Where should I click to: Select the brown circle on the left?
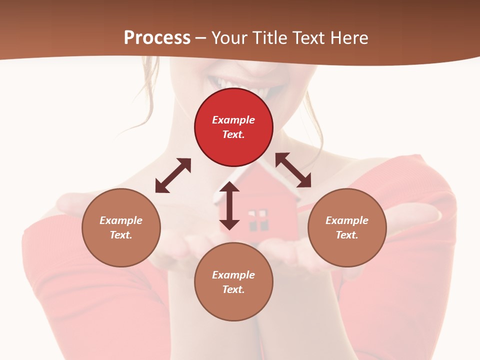(x=121, y=227)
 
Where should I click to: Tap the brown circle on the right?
(x=347, y=227)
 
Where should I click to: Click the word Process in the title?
(x=157, y=38)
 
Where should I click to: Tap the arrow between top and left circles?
(x=173, y=175)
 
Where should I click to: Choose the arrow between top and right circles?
(x=293, y=170)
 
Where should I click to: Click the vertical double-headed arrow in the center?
(x=229, y=205)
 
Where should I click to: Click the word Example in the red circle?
(x=233, y=120)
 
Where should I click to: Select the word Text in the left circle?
(x=121, y=235)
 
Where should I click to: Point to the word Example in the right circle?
(x=347, y=220)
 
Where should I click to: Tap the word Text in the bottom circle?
(x=233, y=289)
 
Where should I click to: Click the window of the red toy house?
(x=258, y=220)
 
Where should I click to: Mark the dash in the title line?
(x=200, y=38)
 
